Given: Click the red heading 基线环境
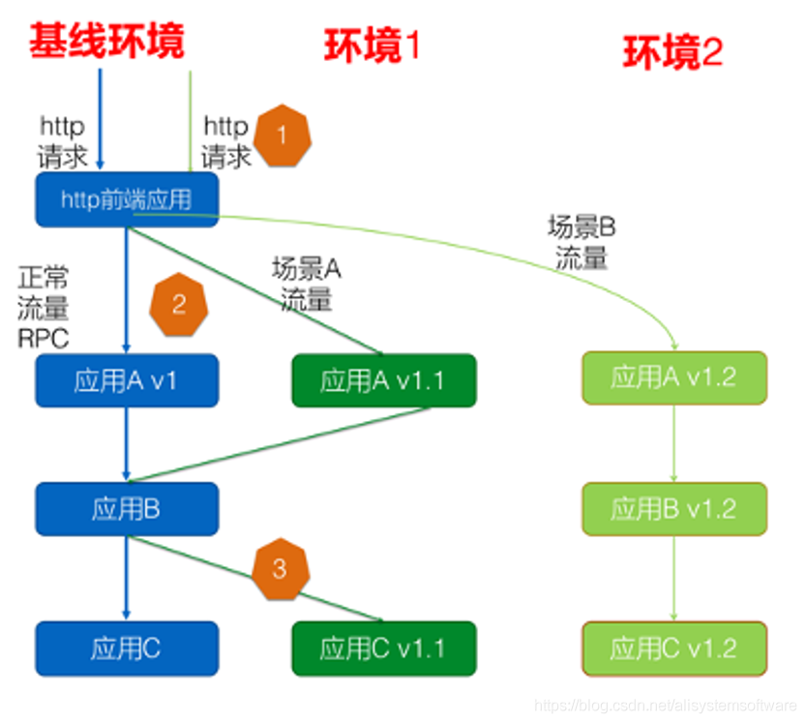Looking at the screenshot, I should point(106,42).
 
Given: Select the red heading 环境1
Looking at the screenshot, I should point(372,46).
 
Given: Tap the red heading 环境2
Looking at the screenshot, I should point(672,52).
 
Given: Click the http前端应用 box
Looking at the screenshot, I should point(127,200).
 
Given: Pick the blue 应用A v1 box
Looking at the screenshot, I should point(127,380).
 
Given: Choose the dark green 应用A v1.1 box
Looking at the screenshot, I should point(383,380).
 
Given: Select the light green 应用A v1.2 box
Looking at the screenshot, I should point(673,377).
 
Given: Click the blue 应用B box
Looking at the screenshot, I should point(127,509).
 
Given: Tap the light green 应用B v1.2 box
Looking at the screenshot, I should point(673,507).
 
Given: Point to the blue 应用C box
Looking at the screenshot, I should point(127,648).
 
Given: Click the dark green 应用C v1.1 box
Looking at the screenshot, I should point(383,648).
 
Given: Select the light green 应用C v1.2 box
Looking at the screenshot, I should point(673,648).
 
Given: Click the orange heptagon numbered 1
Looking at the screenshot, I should point(282,136).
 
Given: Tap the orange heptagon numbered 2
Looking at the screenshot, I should point(179,306).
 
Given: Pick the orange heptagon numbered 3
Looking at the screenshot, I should point(280,568).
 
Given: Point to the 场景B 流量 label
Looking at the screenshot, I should point(582,243).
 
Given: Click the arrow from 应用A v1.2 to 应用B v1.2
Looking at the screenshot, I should point(673,442).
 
